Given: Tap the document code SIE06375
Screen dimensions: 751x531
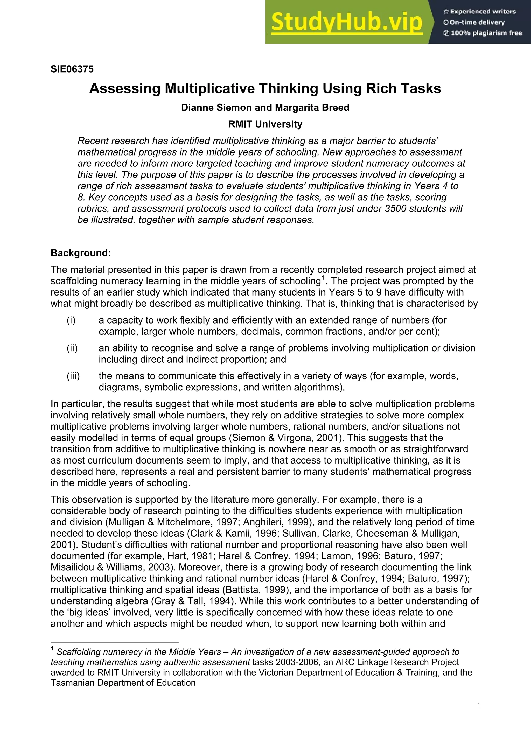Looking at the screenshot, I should (x=72, y=69).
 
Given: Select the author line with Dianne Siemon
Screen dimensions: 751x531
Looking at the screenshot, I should (x=265, y=108).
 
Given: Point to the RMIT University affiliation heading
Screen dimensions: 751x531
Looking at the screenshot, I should (x=265, y=124).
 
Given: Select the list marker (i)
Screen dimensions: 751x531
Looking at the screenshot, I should (x=71, y=320).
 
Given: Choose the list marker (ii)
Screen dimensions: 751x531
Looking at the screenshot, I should (x=72, y=348).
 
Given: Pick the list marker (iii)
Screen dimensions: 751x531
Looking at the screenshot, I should (x=73, y=376).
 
